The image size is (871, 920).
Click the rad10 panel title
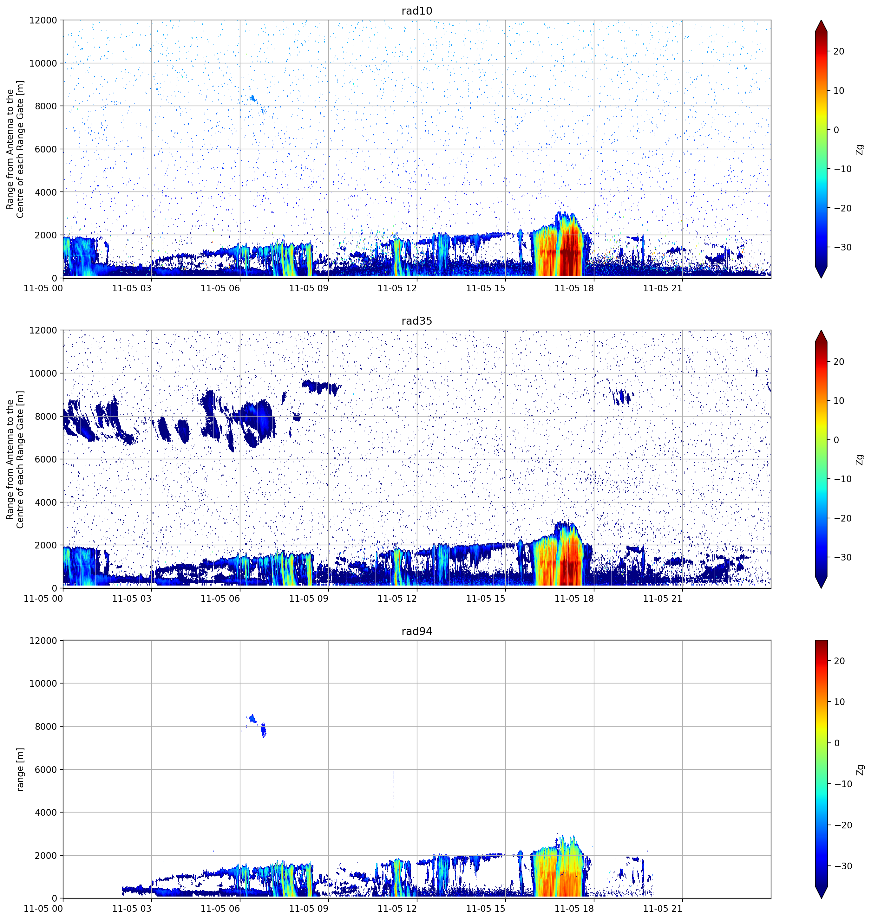tap(416, 11)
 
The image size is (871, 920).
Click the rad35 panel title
tap(416, 321)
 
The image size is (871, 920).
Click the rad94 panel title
tap(416, 632)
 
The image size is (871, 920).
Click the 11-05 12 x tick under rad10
tap(397, 288)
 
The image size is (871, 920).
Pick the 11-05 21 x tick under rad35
tap(663, 599)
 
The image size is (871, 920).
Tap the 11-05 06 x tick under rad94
tap(220, 908)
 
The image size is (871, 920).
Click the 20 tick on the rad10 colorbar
tap(839, 51)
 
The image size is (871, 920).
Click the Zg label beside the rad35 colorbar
tap(860, 459)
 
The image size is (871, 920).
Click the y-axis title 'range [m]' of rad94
tap(20, 769)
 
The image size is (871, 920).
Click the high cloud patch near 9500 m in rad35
tap(321, 386)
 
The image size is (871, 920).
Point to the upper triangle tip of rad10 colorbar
tap(821, 20)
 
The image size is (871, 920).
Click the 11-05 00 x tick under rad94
tap(43, 908)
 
